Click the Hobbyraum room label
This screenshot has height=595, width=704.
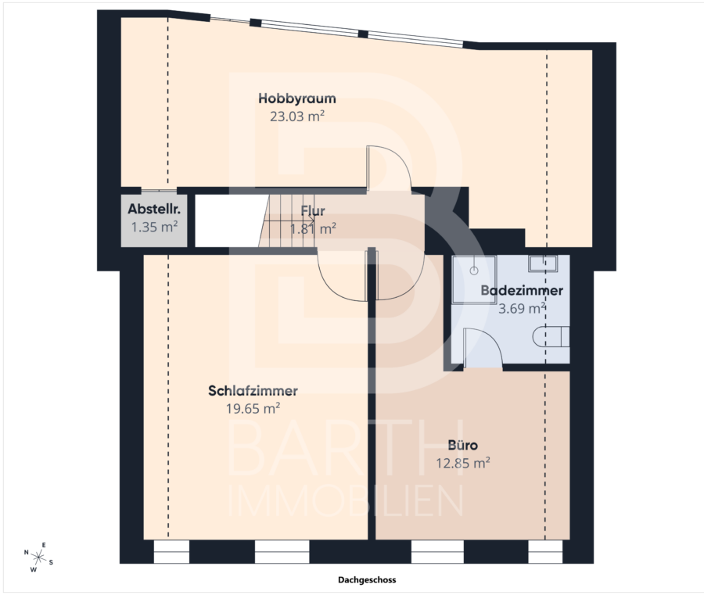pos(296,99)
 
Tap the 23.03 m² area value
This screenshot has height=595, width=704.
pos(297,116)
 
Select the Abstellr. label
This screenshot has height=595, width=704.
pos(154,209)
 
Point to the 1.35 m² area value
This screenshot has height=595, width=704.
pos(154,227)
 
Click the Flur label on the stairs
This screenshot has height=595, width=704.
pos(313,210)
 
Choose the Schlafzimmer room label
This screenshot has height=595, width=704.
pos(253,391)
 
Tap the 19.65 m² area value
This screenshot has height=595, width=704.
pos(253,408)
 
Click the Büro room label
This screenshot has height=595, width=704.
pos(463,445)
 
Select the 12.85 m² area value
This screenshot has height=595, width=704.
pos(463,463)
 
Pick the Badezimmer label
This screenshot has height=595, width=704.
pos(522,290)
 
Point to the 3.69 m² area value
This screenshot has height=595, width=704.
pos(522,308)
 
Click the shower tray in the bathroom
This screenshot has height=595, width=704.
pos(474,280)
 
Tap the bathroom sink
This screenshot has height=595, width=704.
pos(543,263)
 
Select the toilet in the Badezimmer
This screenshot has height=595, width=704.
pos(551,337)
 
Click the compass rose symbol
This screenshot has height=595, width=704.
pos(38,557)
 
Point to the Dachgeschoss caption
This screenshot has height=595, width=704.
pos(367,579)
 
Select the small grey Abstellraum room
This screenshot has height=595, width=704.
pos(154,220)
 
